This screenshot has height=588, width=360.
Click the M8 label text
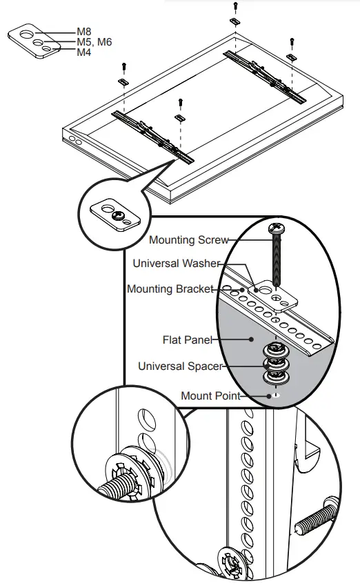[84, 31]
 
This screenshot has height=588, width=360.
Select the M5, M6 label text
[94, 42]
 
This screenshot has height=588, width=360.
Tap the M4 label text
[84, 52]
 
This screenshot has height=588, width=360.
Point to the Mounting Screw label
[188, 241]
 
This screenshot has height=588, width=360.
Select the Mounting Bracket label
[170, 289]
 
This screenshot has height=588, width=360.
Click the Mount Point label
[210, 395]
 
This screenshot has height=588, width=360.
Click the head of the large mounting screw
[275, 227]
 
